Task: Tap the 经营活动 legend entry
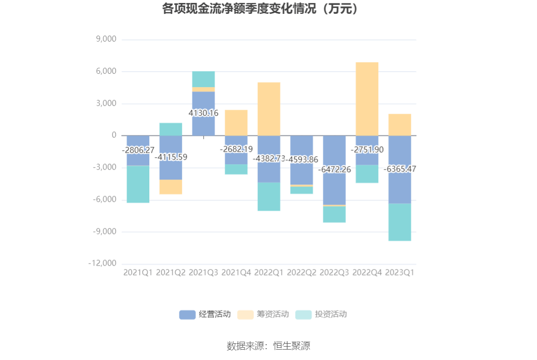(x=205, y=314)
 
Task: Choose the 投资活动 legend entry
(x=321, y=314)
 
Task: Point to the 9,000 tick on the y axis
(x=105, y=40)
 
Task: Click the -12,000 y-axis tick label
(x=102, y=264)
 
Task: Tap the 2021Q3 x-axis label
(x=203, y=272)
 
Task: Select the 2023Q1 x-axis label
(x=400, y=272)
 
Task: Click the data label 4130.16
(x=203, y=113)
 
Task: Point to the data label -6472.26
(x=334, y=170)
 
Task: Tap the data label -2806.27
(x=138, y=149)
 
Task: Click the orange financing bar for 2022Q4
(x=367, y=99)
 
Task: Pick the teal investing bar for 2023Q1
(x=400, y=222)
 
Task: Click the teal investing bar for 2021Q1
(x=138, y=184)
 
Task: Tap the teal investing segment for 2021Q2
(x=171, y=129)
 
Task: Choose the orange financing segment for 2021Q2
(x=171, y=187)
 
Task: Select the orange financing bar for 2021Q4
(x=236, y=123)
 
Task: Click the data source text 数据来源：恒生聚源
(x=268, y=346)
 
